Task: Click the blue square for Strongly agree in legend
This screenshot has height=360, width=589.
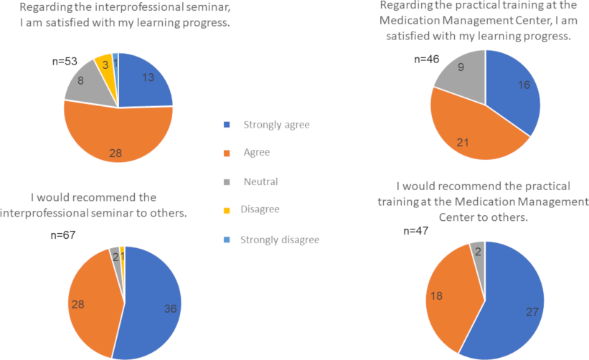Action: pos(227,125)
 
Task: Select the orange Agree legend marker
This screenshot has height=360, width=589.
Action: pos(227,153)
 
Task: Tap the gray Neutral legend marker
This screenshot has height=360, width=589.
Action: pos(227,182)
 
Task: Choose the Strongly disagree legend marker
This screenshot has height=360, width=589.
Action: pos(227,240)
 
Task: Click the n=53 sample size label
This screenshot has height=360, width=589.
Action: pos(67,62)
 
